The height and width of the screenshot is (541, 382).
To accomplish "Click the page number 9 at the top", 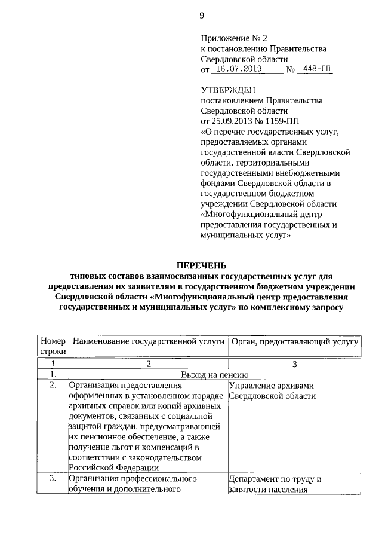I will [202, 17].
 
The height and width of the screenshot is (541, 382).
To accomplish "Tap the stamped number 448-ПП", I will [317, 69].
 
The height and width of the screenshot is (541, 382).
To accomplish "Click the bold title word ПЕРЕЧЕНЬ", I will [201, 265].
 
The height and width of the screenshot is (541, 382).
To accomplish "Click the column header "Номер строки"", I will [53, 346].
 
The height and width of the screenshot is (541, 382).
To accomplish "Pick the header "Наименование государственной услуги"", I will [147, 341].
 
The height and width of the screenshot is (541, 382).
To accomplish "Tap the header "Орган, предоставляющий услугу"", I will [294, 341].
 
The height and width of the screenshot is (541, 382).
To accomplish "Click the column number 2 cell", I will [147, 364].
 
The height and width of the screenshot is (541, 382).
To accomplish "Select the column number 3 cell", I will [294, 364].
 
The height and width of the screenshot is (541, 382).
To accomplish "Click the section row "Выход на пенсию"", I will [201, 375].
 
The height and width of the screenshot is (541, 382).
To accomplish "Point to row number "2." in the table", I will [53, 386].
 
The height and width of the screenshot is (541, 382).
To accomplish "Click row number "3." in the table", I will [53, 479].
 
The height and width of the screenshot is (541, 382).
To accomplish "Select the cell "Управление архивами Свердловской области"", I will [270, 391].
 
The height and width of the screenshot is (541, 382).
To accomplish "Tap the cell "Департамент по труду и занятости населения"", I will [275, 485].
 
